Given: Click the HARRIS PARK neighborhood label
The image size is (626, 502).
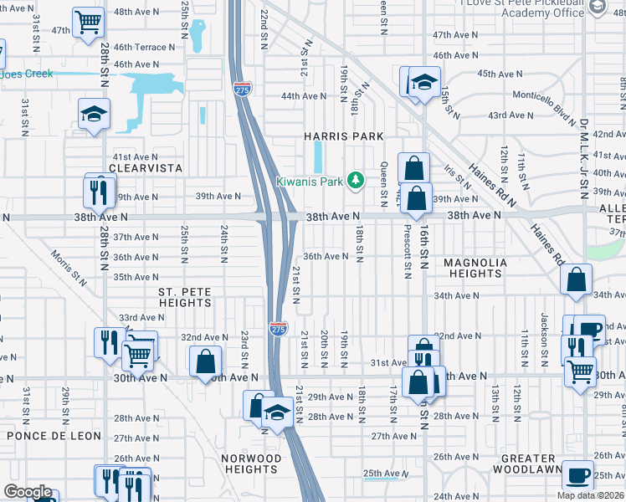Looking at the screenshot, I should coord(344,136).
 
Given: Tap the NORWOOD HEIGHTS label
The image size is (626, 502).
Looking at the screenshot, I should coord(251,464).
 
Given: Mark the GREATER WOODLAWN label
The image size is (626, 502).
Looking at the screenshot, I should coord(528,464).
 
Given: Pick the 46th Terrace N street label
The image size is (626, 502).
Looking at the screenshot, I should coord(140,48).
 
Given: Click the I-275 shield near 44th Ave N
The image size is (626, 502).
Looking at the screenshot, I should coord(241,89).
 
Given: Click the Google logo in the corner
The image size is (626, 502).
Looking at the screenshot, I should coord(28,492).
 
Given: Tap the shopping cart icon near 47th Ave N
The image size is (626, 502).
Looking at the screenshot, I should coord(87,21).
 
